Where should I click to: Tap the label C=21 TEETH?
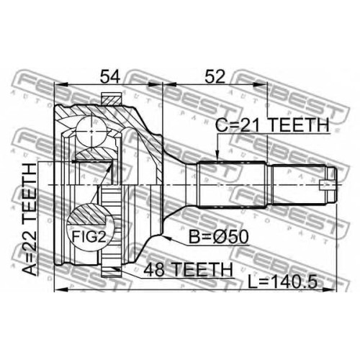(x=272, y=125)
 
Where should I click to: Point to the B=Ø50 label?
(x=219, y=237)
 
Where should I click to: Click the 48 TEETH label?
(x=188, y=269)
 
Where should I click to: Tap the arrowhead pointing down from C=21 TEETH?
(x=217, y=155)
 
